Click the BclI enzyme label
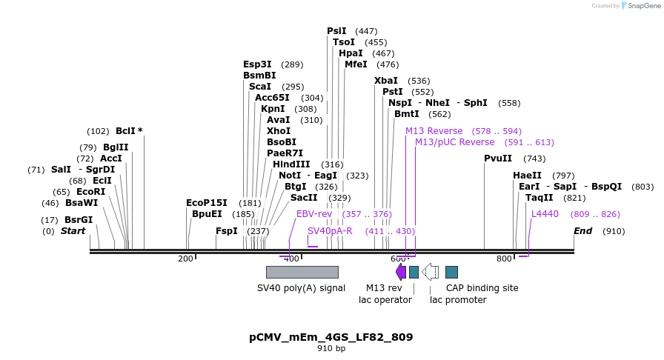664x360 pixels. click(125, 131)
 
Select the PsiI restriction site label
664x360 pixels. click(336, 31)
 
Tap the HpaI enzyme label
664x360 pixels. click(351, 53)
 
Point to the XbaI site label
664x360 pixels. click(385, 81)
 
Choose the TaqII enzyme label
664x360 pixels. click(539, 198)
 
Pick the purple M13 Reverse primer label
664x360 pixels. click(434, 131)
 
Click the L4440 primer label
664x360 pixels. click(545, 214)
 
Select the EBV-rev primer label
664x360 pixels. click(314, 214)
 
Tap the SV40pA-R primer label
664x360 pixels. click(330, 231)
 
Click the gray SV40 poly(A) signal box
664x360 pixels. click(302, 272)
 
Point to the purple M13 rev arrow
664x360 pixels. click(401, 272)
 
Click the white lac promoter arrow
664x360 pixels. click(430, 272)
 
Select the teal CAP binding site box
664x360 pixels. click(451, 272)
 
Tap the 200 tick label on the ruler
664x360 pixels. click(185, 259)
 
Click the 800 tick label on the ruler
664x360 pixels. click(504, 259)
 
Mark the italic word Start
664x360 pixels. click(73, 231)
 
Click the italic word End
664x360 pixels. click(582, 231)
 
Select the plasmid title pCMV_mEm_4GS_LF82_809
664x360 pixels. click(331, 337)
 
